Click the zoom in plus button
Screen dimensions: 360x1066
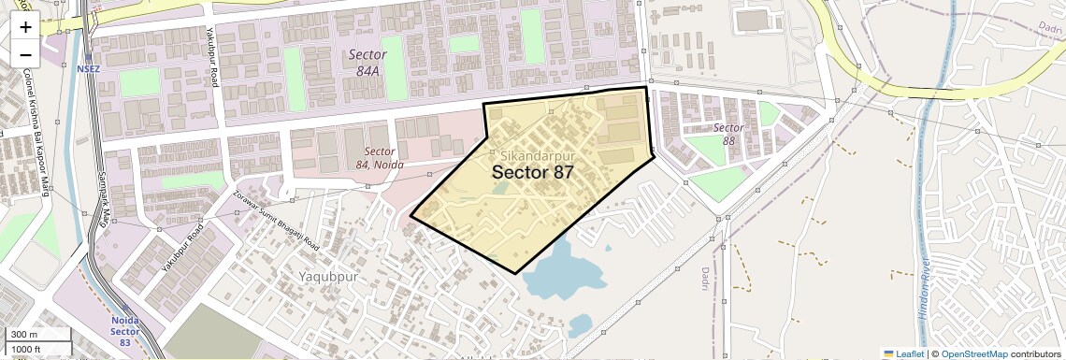point(25,26)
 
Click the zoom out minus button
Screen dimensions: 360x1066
point(25,54)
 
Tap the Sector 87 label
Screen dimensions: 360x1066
point(532,172)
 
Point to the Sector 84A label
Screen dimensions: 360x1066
point(367,62)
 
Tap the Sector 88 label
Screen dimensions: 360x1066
point(728,134)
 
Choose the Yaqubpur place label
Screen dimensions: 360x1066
point(328,277)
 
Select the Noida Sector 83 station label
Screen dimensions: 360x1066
point(124,326)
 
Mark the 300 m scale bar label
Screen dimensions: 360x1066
point(24,335)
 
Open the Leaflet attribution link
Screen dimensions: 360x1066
point(903,353)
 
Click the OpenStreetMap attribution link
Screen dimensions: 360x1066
point(974,353)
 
